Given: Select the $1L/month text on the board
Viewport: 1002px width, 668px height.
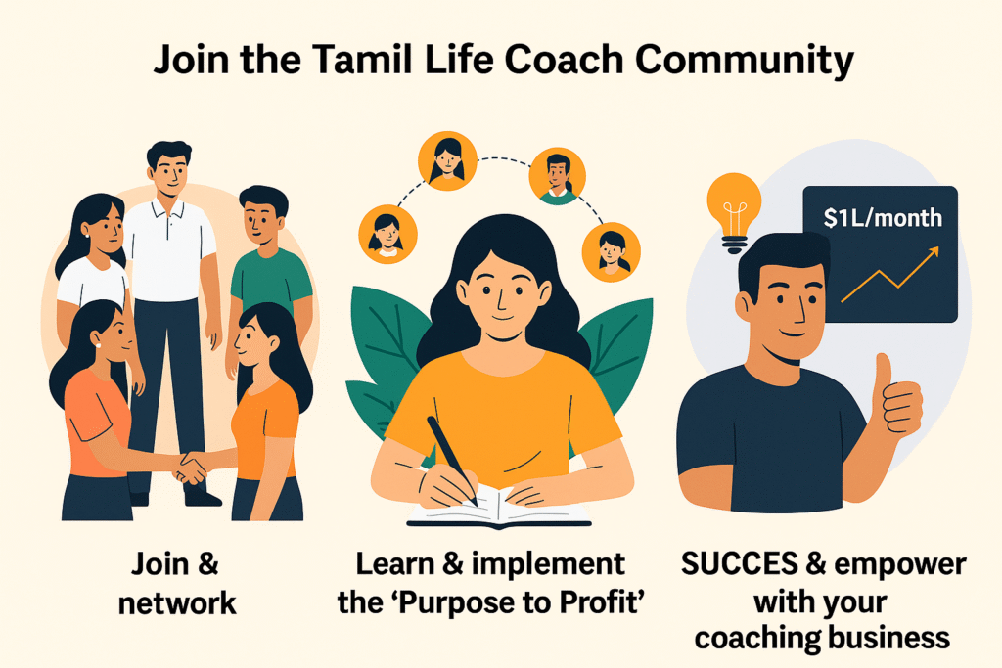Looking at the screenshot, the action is click(x=883, y=218).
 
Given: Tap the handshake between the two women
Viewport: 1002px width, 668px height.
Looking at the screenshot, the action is click(x=190, y=468).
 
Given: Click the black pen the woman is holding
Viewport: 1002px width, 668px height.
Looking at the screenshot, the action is click(x=452, y=460).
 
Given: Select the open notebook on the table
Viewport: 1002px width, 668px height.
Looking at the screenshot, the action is click(x=499, y=508).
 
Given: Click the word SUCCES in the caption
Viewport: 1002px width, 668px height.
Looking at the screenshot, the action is click(x=740, y=564).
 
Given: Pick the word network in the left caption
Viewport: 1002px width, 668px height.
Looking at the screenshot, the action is click(x=177, y=603).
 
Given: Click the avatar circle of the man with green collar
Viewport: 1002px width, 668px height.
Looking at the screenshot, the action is click(x=557, y=176).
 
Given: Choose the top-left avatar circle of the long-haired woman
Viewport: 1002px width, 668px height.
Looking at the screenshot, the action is click(x=447, y=160).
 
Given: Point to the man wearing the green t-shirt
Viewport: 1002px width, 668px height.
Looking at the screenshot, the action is click(x=266, y=281).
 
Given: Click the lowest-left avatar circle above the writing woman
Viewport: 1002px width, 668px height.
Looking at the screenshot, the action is click(x=387, y=234).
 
